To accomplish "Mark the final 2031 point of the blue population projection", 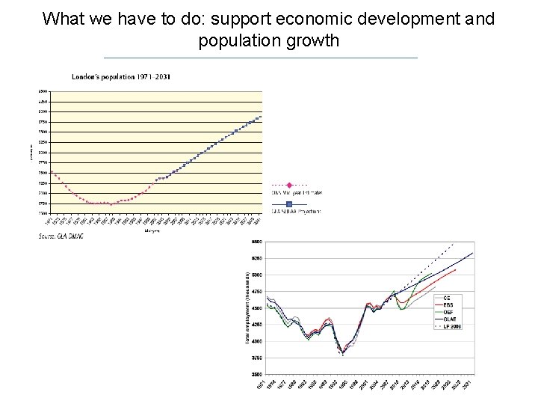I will (260, 116).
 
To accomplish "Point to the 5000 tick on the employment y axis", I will (256, 275).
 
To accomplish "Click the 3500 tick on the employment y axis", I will (256, 373).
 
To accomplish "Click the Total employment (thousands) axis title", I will (248, 307).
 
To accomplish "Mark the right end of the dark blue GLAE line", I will (472, 254).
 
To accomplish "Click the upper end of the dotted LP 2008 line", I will (454, 244).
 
